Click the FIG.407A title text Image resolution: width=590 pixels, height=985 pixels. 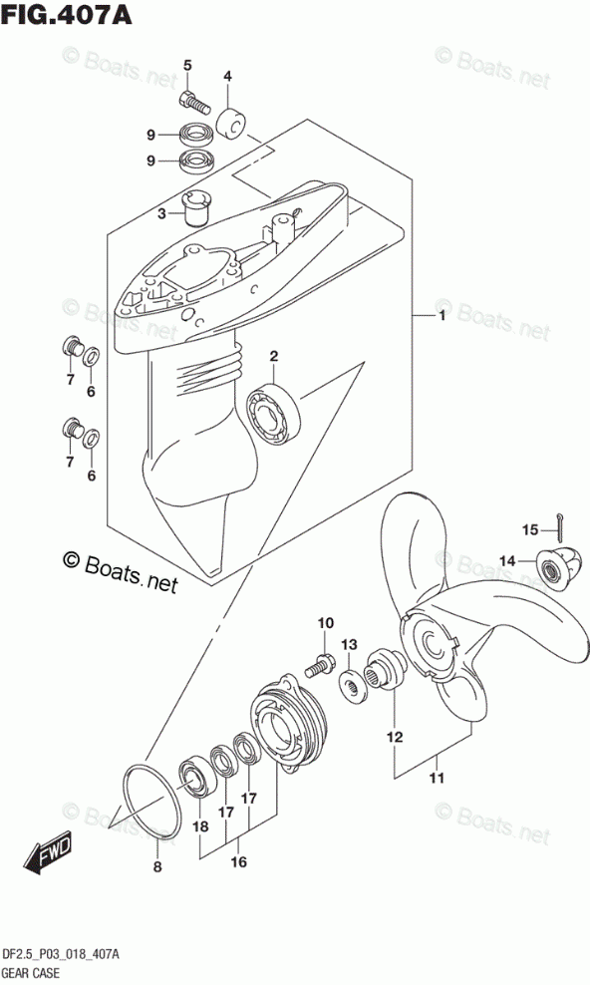click(x=66, y=14)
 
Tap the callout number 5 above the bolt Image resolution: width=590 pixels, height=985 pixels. click(x=187, y=66)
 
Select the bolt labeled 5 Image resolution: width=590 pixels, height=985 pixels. click(x=193, y=101)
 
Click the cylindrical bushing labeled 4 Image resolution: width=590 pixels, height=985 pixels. click(x=231, y=124)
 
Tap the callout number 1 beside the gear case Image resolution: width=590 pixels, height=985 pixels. click(x=442, y=316)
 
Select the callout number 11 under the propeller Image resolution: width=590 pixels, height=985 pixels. click(x=437, y=778)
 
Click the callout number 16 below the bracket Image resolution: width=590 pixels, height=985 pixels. click(x=238, y=861)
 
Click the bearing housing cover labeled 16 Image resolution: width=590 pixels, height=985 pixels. click(x=287, y=724)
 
